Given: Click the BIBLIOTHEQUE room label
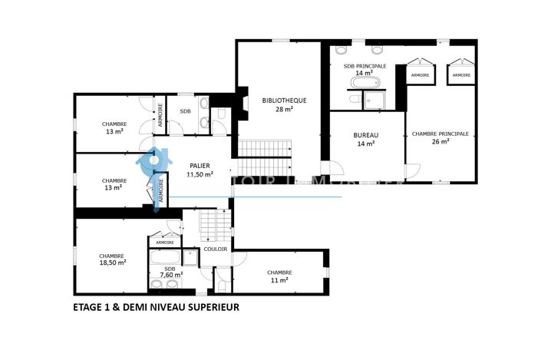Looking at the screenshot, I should point(284,101).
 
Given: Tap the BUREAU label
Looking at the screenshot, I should point(366,135).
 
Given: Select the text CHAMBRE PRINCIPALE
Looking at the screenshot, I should point(440,134).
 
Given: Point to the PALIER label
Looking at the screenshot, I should point(200,166).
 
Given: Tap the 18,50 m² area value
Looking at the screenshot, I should point(112,262).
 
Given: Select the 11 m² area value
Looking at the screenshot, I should point(279,281).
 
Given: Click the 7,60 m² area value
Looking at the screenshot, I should point(170,275).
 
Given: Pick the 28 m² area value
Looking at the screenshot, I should point(284,109).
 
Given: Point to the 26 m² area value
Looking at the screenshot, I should point(440,142).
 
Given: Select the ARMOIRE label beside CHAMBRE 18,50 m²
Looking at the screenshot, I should point(164,243).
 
